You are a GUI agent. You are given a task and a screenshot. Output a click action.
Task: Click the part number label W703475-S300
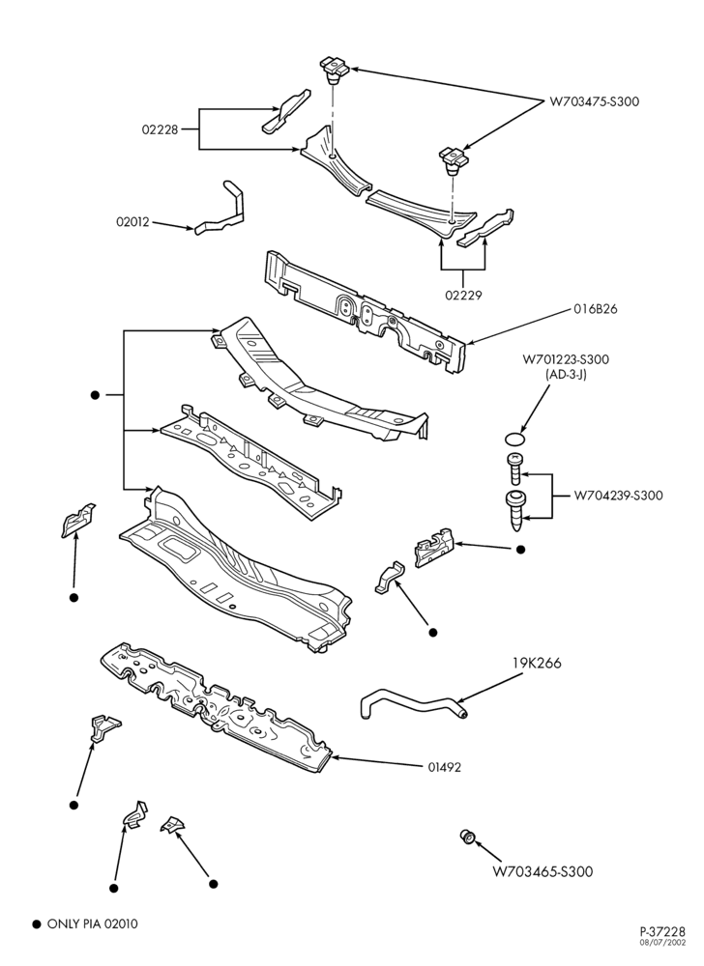click(x=595, y=101)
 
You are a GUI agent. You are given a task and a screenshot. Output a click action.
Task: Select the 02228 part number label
click(x=160, y=129)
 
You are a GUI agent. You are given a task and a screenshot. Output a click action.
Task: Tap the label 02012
click(x=132, y=222)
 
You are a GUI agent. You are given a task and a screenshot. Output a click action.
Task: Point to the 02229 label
click(x=463, y=295)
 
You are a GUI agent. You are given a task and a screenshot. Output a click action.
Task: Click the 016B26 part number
click(x=596, y=309)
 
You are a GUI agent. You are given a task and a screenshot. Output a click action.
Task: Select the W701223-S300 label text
click(x=566, y=359)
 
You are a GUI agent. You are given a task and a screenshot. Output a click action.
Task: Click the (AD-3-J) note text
click(x=566, y=373)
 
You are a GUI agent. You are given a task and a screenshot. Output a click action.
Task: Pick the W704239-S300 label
click(x=618, y=496)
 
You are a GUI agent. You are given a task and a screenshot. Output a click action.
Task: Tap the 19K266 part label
click(x=537, y=664)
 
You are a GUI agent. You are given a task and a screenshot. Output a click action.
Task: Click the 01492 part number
click(x=445, y=768)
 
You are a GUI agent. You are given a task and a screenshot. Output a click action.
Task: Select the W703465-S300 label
click(x=543, y=871)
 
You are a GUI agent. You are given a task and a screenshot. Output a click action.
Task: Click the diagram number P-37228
click(x=662, y=932)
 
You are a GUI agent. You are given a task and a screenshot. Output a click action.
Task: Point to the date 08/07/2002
click(x=664, y=943)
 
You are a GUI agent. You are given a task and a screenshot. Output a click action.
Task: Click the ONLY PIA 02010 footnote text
click(x=93, y=924)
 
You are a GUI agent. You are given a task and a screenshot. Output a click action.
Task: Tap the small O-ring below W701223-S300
click(x=514, y=439)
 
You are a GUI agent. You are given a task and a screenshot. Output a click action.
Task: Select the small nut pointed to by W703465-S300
click(x=468, y=838)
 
